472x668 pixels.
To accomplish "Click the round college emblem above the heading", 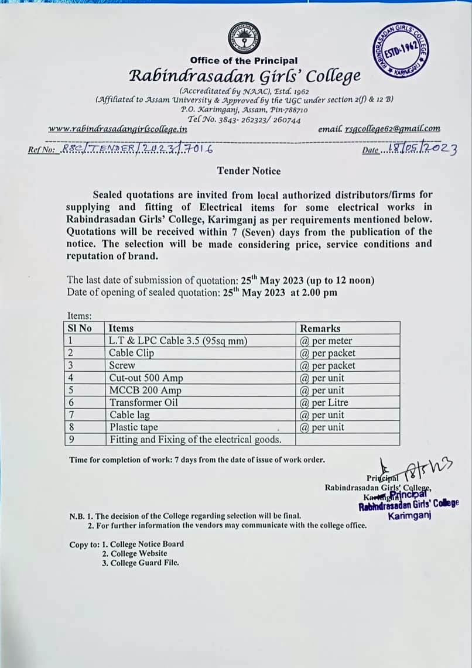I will (244, 38).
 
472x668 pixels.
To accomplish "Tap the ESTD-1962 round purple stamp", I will (401, 53).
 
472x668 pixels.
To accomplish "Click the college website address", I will (117, 129).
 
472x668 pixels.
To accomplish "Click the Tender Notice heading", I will (249, 171).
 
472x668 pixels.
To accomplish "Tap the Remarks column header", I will (320, 328).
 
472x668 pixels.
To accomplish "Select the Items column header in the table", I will (121, 328).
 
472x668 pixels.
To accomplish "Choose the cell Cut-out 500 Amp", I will (146, 378).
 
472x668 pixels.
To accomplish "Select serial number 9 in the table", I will (71, 439).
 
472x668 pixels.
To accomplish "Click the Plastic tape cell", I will (134, 427).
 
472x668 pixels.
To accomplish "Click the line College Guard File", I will (141, 563).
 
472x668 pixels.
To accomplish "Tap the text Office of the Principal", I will (244, 60).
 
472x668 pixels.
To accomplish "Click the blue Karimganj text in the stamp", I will (410, 516).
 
